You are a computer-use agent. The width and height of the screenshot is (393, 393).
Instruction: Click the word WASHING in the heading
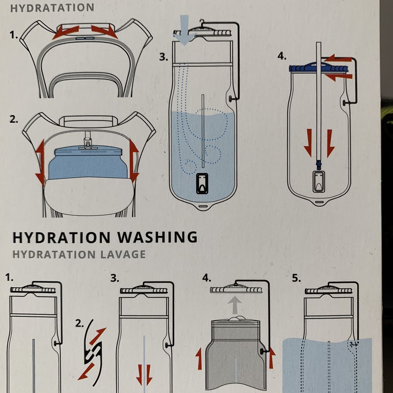[x=158, y=237]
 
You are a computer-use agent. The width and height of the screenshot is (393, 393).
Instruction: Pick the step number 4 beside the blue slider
[x=282, y=56]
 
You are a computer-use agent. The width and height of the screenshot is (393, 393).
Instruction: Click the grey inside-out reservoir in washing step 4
[x=236, y=354]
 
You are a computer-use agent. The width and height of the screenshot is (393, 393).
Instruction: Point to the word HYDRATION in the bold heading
[x=62, y=237]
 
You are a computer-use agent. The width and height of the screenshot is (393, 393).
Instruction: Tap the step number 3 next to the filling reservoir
[x=164, y=57]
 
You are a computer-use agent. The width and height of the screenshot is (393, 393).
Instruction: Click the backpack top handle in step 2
[x=89, y=120]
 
